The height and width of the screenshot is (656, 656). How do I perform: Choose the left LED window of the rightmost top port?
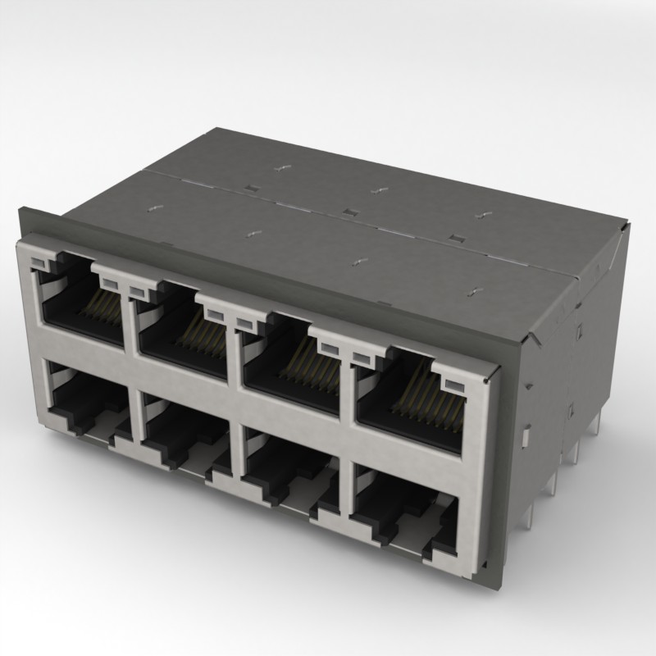point(362,357)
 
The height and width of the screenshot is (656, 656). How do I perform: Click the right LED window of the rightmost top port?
point(452,384)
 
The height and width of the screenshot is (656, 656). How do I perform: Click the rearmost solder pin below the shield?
point(599,426)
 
